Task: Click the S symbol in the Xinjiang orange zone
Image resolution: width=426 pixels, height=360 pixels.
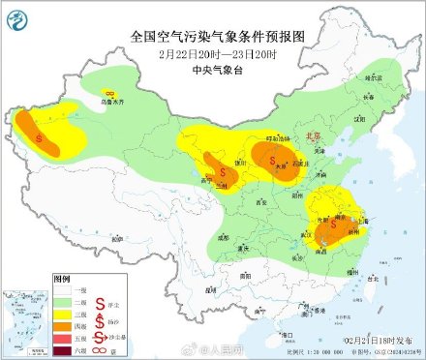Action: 40,138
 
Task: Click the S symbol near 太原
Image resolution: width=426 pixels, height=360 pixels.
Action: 273,160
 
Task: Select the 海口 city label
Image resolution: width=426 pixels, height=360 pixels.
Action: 277,331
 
